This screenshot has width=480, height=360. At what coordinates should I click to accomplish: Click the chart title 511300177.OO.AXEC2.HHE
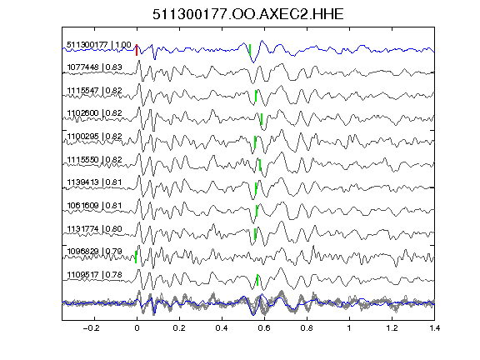(248, 14)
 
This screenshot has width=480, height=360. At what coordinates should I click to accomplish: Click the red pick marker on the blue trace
(137, 50)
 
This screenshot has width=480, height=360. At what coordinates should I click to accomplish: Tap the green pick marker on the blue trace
(250, 50)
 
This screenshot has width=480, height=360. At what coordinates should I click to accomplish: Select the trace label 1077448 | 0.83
(95, 67)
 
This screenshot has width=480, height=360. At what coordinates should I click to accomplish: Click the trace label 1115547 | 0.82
(95, 91)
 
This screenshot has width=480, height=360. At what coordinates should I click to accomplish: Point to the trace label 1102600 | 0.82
(95, 113)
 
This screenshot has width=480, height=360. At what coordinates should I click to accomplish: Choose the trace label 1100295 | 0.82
(95, 136)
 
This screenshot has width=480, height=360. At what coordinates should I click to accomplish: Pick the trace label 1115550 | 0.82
(95, 159)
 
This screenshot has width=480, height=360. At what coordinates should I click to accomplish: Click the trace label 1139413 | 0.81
(95, 182)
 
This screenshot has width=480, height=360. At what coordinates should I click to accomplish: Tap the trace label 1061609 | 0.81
(95, 205)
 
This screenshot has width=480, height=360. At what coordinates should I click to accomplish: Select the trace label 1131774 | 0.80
(95, 228)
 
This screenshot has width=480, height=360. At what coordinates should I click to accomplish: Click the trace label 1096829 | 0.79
(95, 252)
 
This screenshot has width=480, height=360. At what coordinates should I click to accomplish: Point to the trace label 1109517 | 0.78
(95, 275)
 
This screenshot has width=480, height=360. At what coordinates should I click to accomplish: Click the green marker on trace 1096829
(136, 257)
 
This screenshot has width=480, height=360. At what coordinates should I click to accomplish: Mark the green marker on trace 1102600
(262, 119)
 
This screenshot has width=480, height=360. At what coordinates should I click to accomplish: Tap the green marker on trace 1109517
(257, 280)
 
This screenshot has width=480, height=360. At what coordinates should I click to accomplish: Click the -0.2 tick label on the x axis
(91, 328)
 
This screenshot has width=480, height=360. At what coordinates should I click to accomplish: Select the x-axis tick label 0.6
(264, 328)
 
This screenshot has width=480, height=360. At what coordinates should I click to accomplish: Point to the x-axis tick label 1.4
(435, 328)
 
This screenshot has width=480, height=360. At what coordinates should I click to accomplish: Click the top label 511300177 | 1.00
(99, 45)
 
